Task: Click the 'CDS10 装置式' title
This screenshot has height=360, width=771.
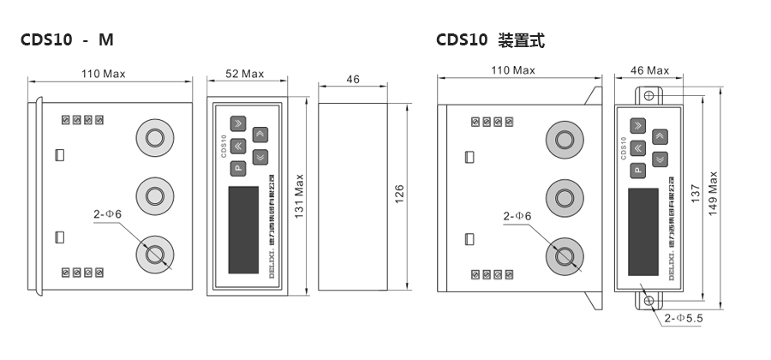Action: pos(489,40)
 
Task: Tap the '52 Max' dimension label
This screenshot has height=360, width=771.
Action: pos(244,74)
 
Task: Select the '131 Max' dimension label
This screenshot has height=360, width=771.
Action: pos(299,198)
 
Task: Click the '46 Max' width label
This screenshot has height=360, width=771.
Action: pos(648,70)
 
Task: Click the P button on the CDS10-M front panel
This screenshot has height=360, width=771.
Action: pos(238,167)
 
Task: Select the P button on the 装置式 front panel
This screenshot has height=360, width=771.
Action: pos(639,170)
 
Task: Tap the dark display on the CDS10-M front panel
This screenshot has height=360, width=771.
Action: pos(243,216)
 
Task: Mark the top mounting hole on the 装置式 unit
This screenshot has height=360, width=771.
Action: pos(649,93)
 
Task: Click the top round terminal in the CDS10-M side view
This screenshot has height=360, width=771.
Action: pos(155,138)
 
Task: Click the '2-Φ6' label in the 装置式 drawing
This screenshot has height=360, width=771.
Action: pos(517,216)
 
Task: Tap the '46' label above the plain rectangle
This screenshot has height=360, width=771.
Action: pos(353,79)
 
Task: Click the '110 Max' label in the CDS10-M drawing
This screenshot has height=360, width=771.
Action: pos(103,74)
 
